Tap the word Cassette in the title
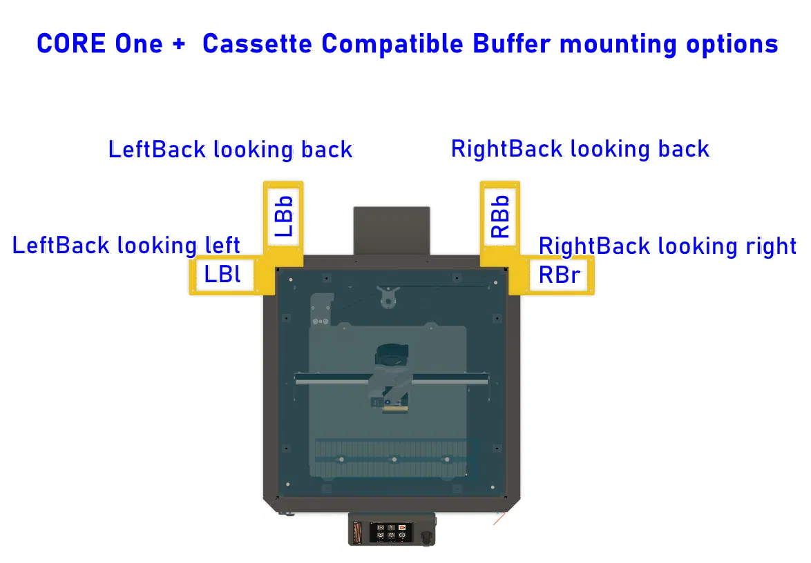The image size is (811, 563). click(257, 44)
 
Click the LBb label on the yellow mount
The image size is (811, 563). click(284, 217)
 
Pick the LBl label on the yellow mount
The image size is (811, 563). click(222, 275)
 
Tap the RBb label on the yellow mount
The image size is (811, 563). click(499, 217)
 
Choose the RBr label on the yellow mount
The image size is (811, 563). click(559, 275)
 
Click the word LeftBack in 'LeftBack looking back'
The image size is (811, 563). click(157, 150)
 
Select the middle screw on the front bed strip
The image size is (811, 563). click(393, 460)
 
